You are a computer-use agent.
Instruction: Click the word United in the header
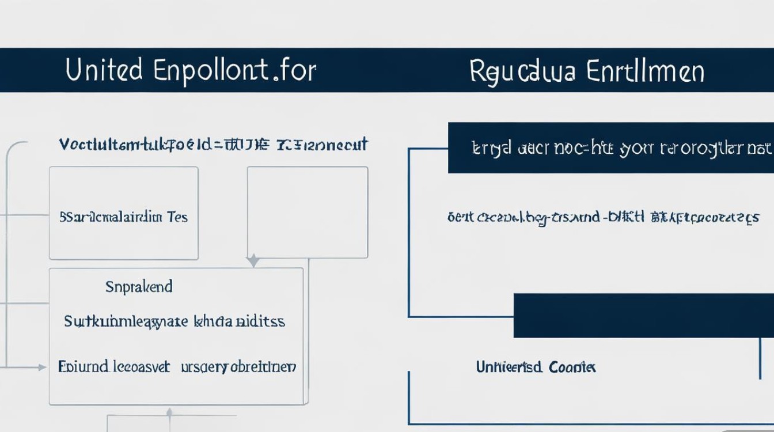point(104,70)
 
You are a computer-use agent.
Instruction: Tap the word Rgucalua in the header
point(522,71)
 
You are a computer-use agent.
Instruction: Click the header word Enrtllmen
point(645,71)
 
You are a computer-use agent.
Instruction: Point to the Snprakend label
point(139,287)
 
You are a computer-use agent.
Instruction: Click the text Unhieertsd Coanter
point(536,367)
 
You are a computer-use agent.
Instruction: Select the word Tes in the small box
point(177,218)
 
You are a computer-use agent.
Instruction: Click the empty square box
point(308,212)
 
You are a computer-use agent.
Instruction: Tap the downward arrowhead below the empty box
point(253,262)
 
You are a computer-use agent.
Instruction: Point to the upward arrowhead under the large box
point(169,412)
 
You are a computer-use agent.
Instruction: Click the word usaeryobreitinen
point(238,367)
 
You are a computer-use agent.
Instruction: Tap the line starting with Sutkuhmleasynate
point(174,321)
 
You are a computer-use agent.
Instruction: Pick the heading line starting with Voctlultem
point(213,144)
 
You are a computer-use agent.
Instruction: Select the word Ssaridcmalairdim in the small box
point(111,218)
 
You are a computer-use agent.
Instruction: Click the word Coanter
point(572,367)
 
